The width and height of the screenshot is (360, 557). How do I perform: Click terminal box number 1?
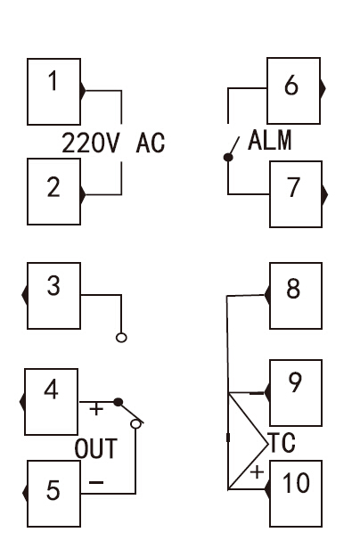(x=54, y=92)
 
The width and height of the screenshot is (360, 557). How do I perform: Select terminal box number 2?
(x=54, y=192)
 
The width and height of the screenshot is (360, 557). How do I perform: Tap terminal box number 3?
(x=54, y=296)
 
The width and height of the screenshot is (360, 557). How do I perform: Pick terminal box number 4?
(x=51, y=402)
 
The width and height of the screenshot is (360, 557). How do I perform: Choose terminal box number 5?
(x=54, y=494)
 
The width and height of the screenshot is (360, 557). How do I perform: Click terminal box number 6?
(x=293, y=91)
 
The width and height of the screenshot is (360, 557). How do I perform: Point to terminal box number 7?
(x=296, y=194)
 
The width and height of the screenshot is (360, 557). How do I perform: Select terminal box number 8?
(x=296, y=296)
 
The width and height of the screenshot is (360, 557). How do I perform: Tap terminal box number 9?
(x=296, y=393)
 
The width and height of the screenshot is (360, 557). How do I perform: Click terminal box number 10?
(x=296, y=494)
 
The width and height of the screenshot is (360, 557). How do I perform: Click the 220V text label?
(x=91, y=143)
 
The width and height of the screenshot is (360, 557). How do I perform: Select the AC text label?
(x=151, y=143)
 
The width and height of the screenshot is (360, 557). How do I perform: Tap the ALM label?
(x=270, y=140)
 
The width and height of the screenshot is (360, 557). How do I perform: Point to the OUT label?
(x=96, y=448)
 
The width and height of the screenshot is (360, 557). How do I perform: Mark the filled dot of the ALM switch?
(x=228, y=157)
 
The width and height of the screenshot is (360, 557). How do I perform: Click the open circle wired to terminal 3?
(x=121, y=338)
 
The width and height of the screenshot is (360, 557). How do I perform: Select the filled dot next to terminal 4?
(x=119, y=402)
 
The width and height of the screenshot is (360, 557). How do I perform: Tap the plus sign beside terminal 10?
(x=257, y=472)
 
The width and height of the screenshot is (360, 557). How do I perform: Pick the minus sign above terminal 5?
(x=96, y=482)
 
